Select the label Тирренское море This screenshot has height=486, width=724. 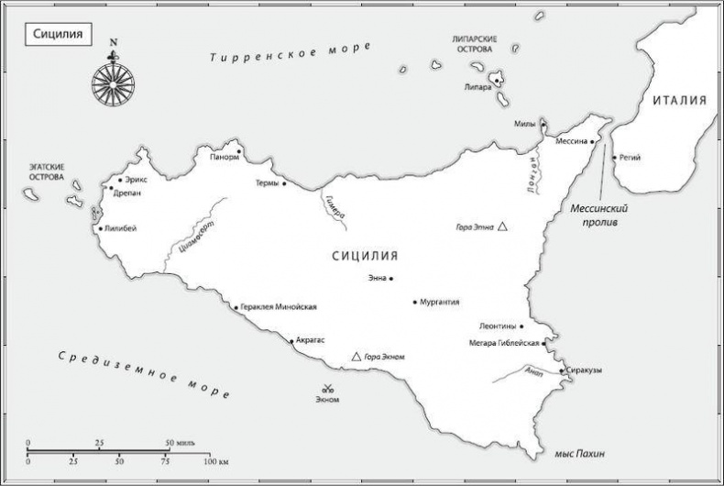pos(290,51)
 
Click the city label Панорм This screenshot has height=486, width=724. pos(224,157)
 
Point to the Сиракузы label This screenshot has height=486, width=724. pos(585,370)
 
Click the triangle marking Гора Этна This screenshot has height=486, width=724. pos(502,226)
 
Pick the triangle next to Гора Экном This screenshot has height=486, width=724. pos(357,356)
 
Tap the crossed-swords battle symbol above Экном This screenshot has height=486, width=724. pos(327,387)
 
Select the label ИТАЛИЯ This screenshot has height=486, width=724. pos(679,101)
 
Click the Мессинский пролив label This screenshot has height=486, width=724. pos(601,215)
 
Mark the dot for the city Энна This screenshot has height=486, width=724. pos(391,278)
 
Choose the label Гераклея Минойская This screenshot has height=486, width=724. pos(280,307)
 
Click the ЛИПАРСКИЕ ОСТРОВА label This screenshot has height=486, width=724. pos(475,45)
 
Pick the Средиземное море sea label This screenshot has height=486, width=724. pos(142,371)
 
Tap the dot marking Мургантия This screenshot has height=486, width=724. pos(415,302)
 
